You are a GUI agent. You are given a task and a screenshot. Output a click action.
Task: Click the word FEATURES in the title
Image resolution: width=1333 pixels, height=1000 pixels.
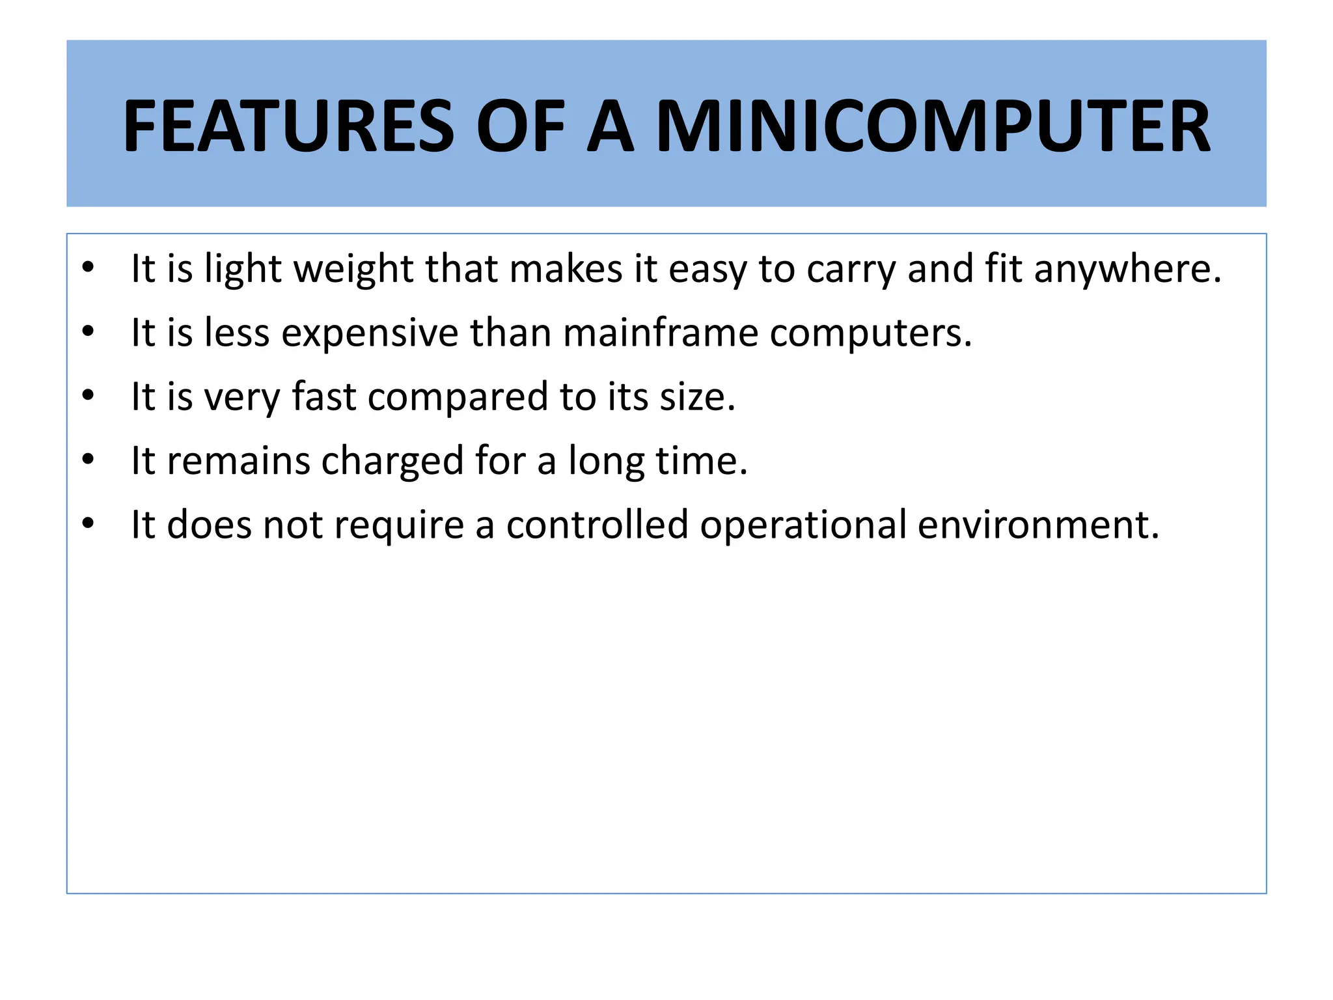288,126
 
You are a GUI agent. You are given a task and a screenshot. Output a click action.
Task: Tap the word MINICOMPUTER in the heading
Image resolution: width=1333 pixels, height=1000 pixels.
933,126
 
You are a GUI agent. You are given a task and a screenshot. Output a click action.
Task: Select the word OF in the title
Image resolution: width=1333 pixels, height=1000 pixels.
520,126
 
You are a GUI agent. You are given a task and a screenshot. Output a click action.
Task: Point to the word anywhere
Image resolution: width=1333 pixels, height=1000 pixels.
1127,269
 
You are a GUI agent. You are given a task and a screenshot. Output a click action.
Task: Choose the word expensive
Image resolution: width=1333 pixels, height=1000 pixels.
370,333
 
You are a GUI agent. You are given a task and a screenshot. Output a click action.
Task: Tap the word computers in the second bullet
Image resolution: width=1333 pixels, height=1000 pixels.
870,333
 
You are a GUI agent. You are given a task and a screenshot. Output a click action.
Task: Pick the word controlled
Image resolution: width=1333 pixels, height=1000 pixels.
597,524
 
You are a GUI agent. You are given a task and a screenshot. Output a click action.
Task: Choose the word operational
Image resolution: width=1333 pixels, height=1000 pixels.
803,524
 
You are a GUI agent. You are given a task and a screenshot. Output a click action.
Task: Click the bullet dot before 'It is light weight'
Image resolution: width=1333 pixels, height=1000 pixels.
89,268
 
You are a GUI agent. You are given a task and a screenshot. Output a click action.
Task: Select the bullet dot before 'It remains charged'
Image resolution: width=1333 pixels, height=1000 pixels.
89,460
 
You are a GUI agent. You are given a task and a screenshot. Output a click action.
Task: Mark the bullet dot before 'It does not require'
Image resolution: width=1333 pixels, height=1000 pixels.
89,523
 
